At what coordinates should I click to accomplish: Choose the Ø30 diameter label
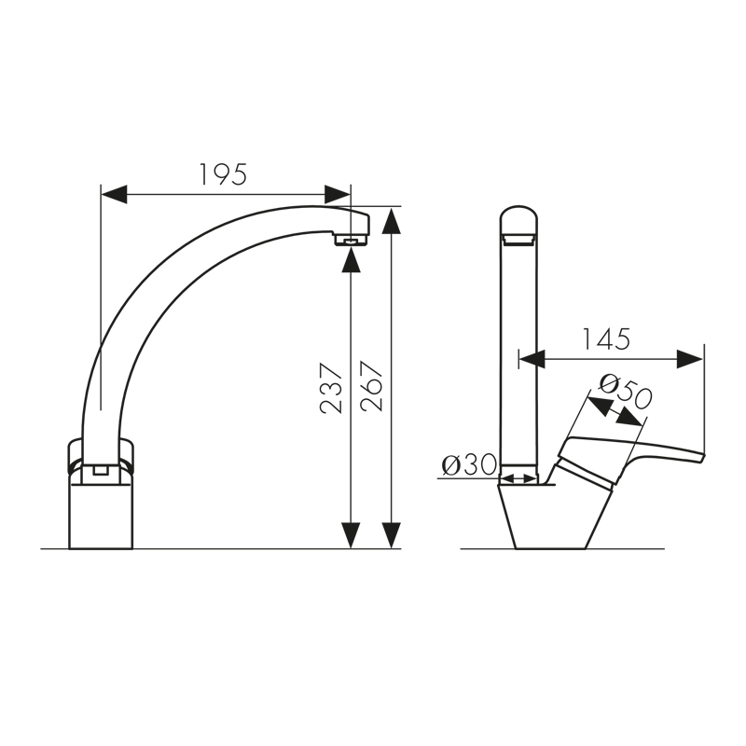coord(469,465)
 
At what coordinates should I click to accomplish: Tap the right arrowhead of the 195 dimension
coord(338,194)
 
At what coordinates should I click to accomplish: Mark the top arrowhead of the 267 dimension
coord(393,222)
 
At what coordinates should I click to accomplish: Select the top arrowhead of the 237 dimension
coord(351,260)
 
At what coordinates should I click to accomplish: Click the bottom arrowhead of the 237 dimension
coord(351,535)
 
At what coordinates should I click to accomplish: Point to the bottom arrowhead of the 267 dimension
coord(393,535)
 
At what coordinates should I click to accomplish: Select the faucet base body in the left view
coord(103,513)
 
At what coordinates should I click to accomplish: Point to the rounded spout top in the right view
coord(519,222)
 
